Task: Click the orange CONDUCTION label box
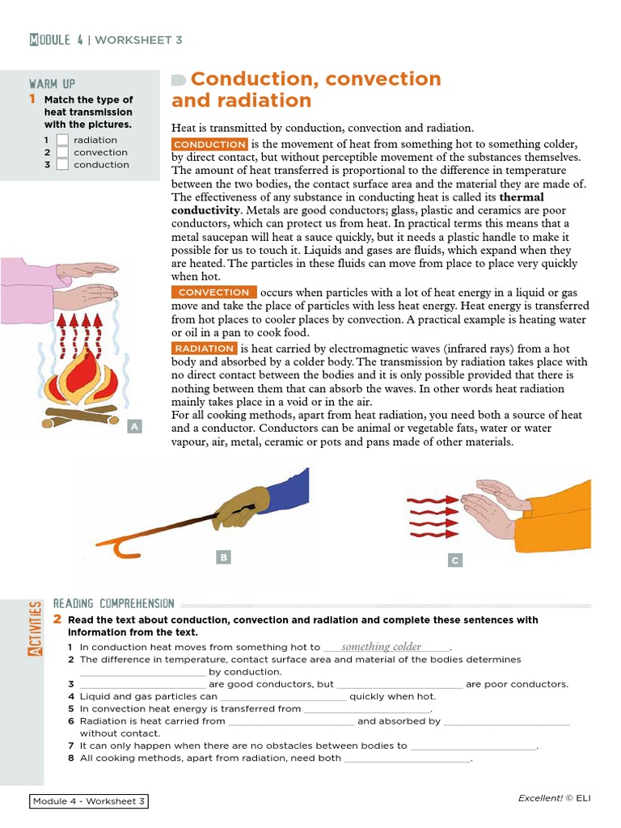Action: pyautogui.click(x=209, y=144)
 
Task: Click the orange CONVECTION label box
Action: pyautogui.click(x=214, y=292)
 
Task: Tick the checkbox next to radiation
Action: pyautogui.click(x=62, y=140)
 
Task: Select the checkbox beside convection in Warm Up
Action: pyautogui.click(x=62, y=152)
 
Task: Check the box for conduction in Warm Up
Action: pyautogui.click(x=62, y=164)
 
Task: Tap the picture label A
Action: pyautogui.click(x=134, y=426)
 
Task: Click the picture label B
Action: pyautogui.click(x=224, y=556)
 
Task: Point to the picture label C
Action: pyautogui.click(x=455, y=560)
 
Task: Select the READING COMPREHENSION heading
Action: pyautogui.click(x=113, y=603)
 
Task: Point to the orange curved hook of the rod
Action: pyautogui.click(x=126, y=547)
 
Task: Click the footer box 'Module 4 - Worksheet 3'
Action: pyautogui.click(x=89, y=801)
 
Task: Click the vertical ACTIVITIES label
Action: pyautogui.click(x=36, y=628)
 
